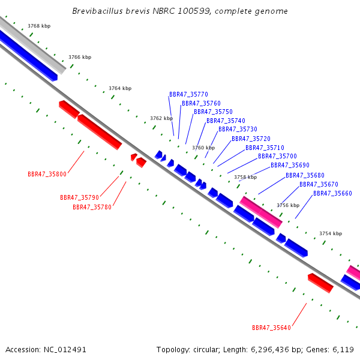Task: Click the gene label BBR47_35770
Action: tap(188, 94)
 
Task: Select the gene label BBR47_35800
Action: tap(47, 174)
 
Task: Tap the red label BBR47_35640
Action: tap(271, 328)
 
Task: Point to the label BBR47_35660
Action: tap(332, 193)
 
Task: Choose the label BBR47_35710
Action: tap(265, 148)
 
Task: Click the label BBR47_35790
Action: tap(79, 197)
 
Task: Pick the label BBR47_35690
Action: tap(290, 165)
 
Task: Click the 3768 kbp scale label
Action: tap(39, 26)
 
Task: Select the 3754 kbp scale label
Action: tap(331, 233)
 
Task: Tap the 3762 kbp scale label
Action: tap(161, 118)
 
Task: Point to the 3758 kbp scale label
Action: tap(245, 177)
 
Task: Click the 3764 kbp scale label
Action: tap(120, 88)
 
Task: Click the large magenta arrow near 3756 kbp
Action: tap(261, 212)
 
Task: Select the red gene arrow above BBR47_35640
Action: tap(320, 283)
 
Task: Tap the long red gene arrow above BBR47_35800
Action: tap(99, 131)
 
